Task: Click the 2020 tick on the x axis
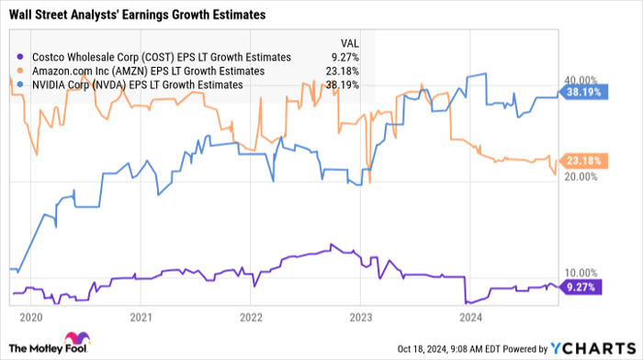pyautogui.click(x=30, y=317)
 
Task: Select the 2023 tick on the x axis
pyautogui.click(x=361, y=317)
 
